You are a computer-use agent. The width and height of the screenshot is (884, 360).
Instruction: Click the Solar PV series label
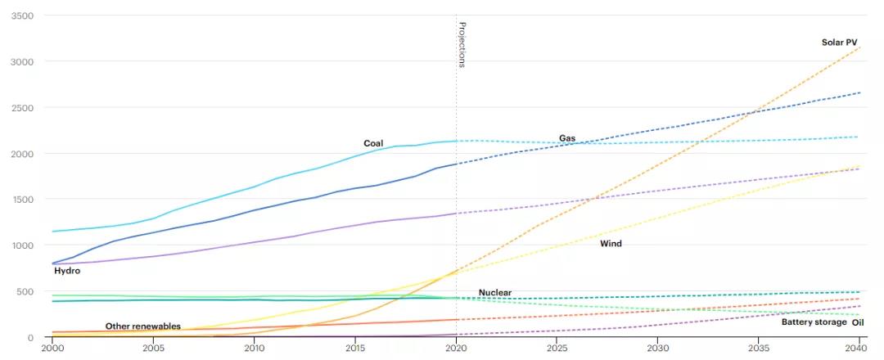point(839,43)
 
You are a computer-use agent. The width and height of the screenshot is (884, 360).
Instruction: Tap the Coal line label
point(373,144)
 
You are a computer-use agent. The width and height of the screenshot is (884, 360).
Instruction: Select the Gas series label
point(567,138)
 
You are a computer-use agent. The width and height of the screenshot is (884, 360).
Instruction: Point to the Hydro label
point(67,271)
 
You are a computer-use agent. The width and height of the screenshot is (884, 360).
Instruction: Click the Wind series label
point(611,244)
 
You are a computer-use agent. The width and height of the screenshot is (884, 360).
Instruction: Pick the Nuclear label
point(495,293)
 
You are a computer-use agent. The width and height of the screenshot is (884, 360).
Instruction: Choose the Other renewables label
point(143,326)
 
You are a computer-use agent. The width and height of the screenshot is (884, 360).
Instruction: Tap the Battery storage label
point(814,322)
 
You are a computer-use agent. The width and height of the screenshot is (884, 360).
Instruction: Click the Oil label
point(858,322)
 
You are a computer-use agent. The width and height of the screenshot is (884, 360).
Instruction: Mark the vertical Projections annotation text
point(462,44)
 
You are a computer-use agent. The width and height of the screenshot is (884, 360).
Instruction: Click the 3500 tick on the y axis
point(23,16)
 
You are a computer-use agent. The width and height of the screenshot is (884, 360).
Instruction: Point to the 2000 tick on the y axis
point(23,154)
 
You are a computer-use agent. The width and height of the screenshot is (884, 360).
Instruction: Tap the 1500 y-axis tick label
point(23,200)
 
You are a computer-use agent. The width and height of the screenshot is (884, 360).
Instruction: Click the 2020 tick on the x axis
point(456,349)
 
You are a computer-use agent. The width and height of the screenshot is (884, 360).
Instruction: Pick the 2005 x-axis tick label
point(153,349)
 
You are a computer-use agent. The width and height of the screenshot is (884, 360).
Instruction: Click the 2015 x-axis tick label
point(355,349)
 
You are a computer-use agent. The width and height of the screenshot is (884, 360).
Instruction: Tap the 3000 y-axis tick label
point(23,62)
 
